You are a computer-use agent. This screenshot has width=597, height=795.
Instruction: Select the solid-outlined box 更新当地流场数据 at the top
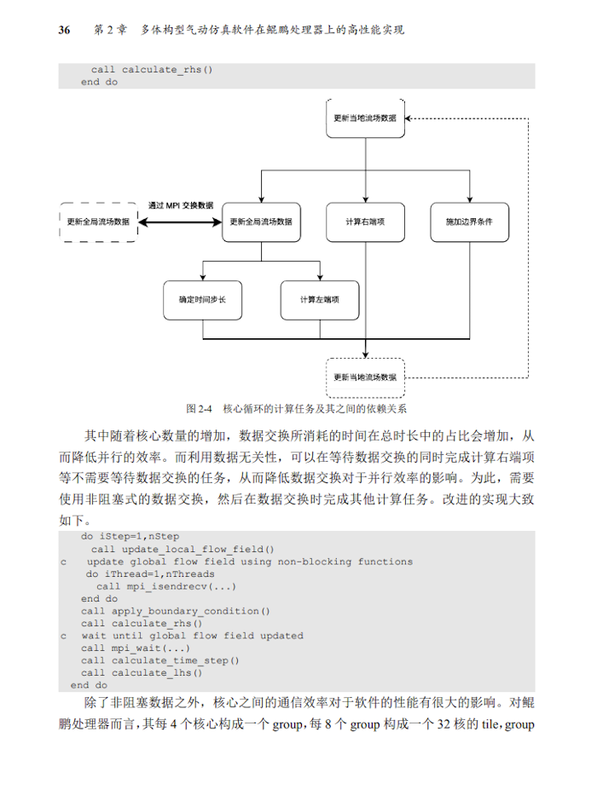click(365, 118)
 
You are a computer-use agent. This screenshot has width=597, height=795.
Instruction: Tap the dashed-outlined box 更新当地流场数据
click(365, 376)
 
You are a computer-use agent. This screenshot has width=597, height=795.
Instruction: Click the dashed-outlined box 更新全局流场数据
click(98, 222)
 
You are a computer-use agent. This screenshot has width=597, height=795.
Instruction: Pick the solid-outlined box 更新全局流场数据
click(261, 222)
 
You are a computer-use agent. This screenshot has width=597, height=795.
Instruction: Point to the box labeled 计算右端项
click(365, 222)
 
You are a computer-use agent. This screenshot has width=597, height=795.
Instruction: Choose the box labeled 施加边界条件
click(468, 222)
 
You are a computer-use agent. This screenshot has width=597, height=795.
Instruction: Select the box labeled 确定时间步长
click(202, 300)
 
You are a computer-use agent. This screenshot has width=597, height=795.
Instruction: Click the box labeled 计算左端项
click(319, 300)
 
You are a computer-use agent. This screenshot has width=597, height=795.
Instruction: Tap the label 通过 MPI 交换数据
click(181, 205)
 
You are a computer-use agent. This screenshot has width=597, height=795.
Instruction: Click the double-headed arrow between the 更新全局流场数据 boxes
click(180, 222)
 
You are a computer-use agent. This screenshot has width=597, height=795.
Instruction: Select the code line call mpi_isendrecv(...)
click(166, 586)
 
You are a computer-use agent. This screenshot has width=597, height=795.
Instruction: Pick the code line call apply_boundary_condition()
click(176, 611)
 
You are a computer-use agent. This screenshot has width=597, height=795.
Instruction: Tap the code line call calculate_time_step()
click(160, 660)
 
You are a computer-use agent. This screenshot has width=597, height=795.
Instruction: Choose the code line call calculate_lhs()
click(142, 673)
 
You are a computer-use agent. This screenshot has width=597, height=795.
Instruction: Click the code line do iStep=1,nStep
click(130, 537)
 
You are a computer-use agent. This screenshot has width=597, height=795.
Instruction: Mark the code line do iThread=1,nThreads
click(149, 574)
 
